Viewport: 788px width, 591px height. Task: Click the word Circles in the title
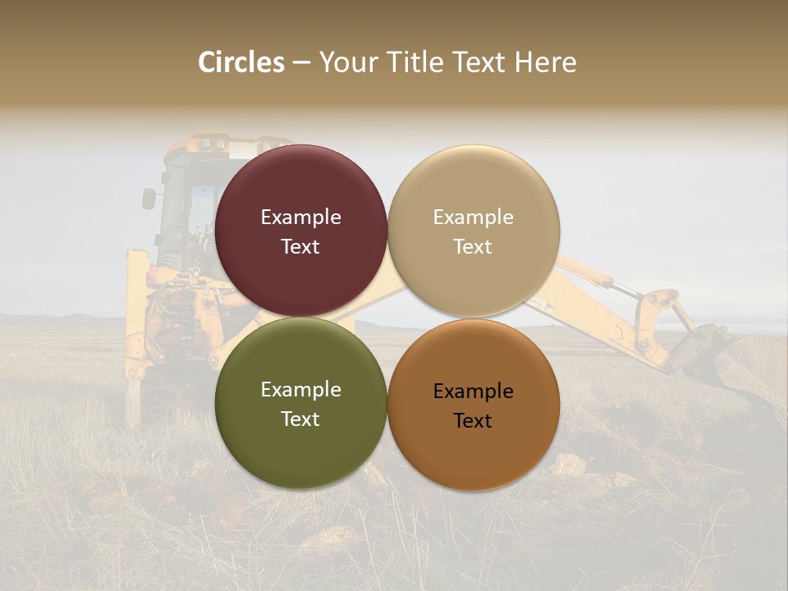(x=241, y=62)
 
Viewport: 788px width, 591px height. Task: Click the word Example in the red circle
(x=300, y=218)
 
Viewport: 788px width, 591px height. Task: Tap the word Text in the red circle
(x=300, y=247)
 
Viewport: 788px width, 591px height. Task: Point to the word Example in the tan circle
(x=473, y=218)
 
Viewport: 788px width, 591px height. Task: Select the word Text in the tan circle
(x=473, y=247)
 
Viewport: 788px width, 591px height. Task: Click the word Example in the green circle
(x=300, y=390)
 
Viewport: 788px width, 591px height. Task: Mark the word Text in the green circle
(x=300, y=419)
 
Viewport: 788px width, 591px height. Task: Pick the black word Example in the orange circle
(x=473, y=392)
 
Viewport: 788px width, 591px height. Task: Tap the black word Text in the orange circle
(x=473, y=421)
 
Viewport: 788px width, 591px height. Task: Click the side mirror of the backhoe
(x=149, y=199)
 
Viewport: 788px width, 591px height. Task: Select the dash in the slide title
(x=301, y=63)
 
